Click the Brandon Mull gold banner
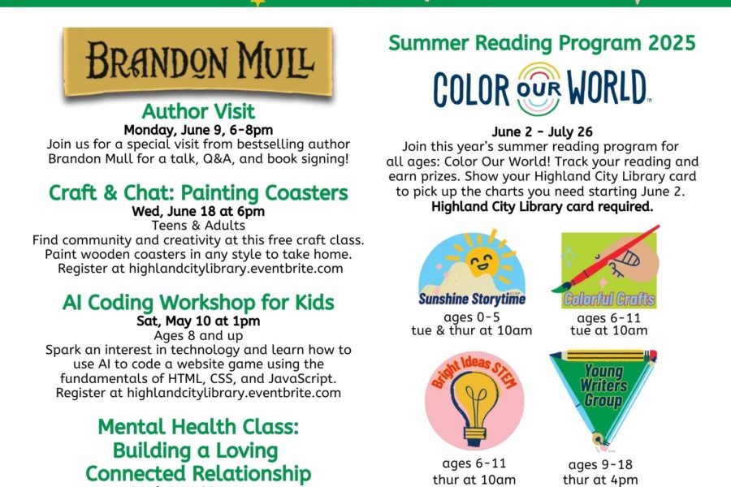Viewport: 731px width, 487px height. tap(198, 62)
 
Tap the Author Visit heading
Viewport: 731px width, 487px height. tap(198, 111)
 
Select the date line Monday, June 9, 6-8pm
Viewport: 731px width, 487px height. tap(198, 130)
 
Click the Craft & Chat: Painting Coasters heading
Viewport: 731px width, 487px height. tap(198, 192)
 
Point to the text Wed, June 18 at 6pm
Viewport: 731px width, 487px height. tap(198, 211)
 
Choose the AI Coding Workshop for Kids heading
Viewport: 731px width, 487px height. tap(198, 303)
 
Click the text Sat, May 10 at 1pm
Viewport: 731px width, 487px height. tap(198, 321)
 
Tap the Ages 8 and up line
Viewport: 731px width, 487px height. tap(198, 335)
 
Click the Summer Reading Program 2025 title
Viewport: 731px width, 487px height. tap(542, 43)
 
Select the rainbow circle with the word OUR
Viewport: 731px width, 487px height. tap(539, 88)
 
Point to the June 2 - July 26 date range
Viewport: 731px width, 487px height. tap(542, 131)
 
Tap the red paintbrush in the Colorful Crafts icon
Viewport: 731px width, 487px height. tap(606, 259)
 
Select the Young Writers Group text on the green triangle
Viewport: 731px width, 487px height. tap(603, 386)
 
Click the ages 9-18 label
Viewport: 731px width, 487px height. tap(600, 464)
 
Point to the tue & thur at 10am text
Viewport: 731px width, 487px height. tap(471, 330)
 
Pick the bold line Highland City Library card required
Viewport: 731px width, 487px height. tap(543, 206)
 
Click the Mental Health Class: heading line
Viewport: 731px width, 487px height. tap(198, 427)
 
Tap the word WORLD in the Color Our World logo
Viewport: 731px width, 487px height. tap(606, 88)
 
